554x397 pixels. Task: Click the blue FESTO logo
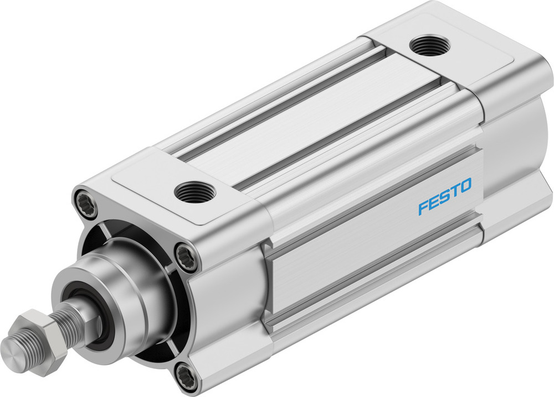445,196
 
